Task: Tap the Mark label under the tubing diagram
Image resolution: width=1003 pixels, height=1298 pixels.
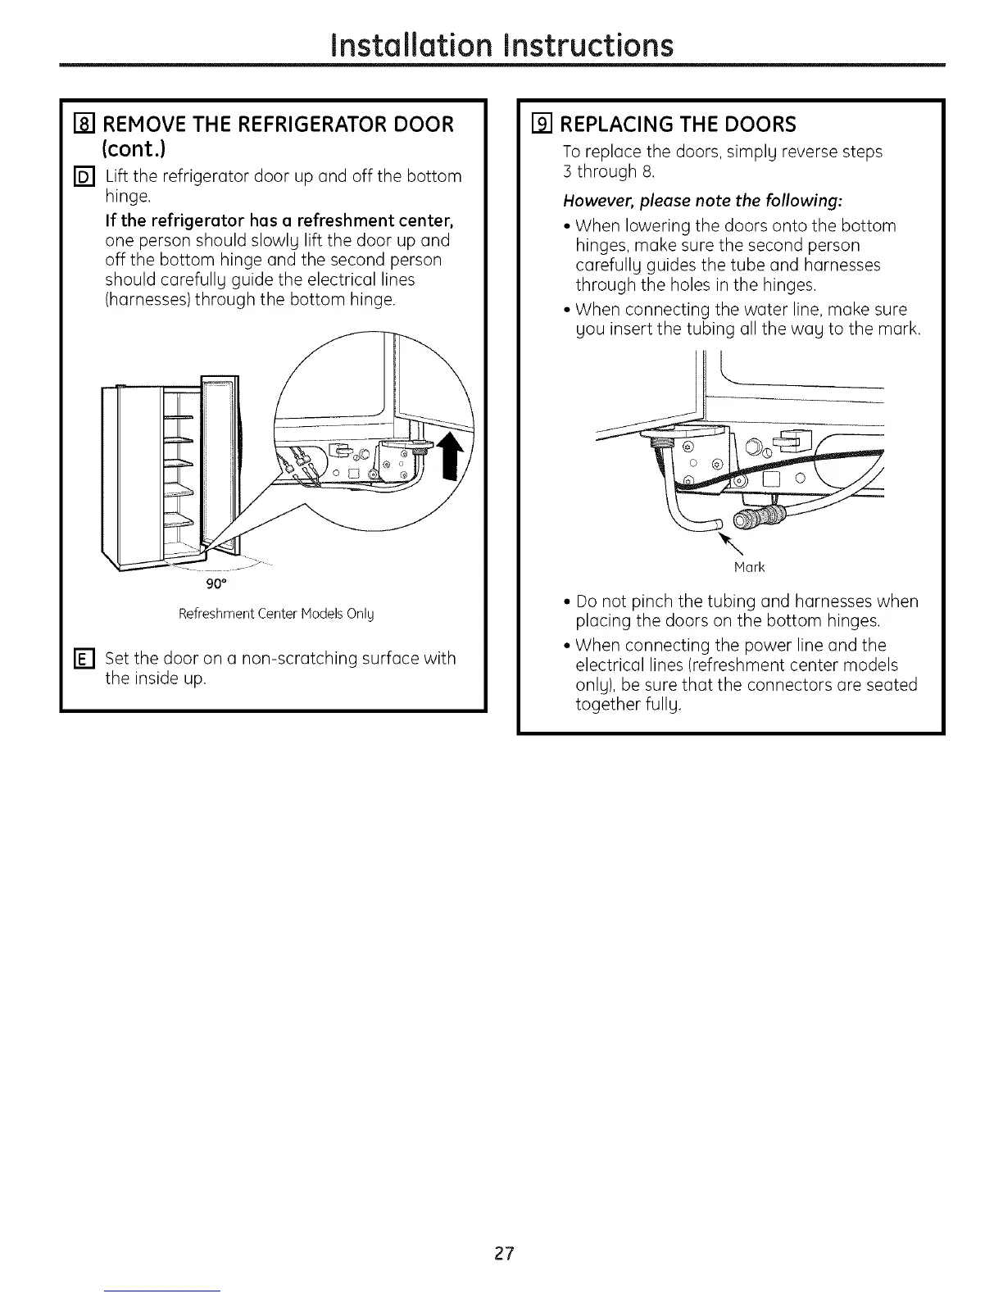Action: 750,567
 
